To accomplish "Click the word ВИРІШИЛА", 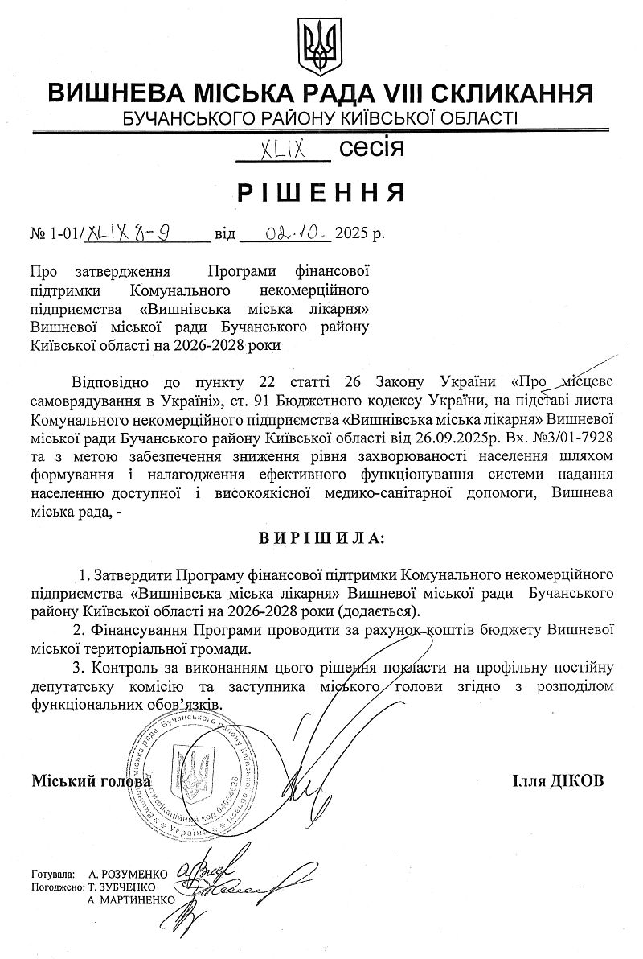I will (x=321, y=536).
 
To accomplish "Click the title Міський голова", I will (x=91, y=781).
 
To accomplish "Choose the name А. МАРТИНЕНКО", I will (x=132, y=899).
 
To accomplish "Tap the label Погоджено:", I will (x=57, y=887).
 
